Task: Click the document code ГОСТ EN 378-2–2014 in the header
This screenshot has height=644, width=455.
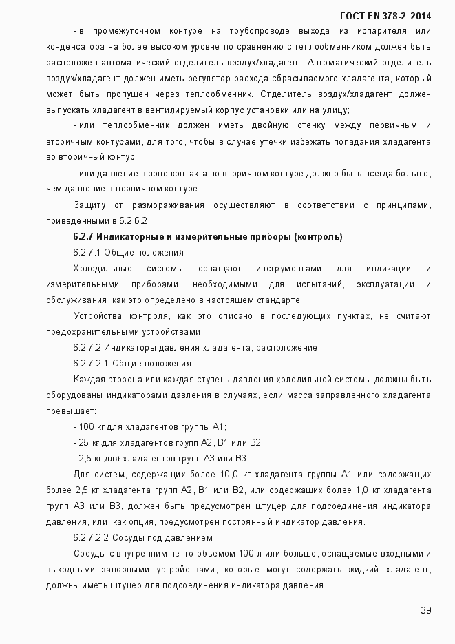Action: (x=385, y=15)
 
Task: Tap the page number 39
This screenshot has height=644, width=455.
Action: (x=425, y=610)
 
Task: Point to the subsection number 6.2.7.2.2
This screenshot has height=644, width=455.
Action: (x=90, y=537)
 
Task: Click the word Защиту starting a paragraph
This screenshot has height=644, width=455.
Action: (x=89, y=205)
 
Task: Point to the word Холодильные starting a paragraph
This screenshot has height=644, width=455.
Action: (x=98, y=268)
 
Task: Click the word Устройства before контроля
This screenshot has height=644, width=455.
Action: (x=96, y=315)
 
